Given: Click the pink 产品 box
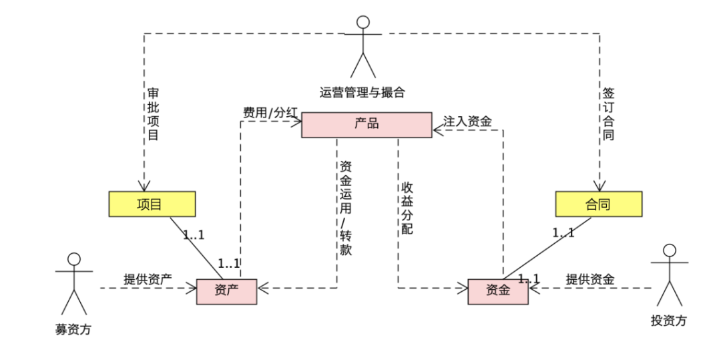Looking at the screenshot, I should [x=367, y=125].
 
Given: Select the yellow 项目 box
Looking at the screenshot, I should [x=152, y=204].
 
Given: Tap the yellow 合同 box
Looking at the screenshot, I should [x=598, y=204].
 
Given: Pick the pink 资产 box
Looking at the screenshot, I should [x=226, y=291].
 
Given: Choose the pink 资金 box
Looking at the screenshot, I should [x=497, y=291].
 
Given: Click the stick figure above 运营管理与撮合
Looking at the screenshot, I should [x=363, y=47].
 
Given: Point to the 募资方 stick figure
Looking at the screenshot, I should [x=73, y=284].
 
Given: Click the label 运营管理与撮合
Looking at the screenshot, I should [x=362, y=92].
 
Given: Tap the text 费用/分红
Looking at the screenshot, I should [x=270, y=113].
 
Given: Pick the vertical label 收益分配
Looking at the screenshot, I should [x=407, y=208].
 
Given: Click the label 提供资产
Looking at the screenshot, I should [x=147, y=279].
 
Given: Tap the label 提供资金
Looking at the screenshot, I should [x=590, y=279].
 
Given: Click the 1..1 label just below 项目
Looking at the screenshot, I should [x=194, y=235].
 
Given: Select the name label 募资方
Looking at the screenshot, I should [x=73, y=329].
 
